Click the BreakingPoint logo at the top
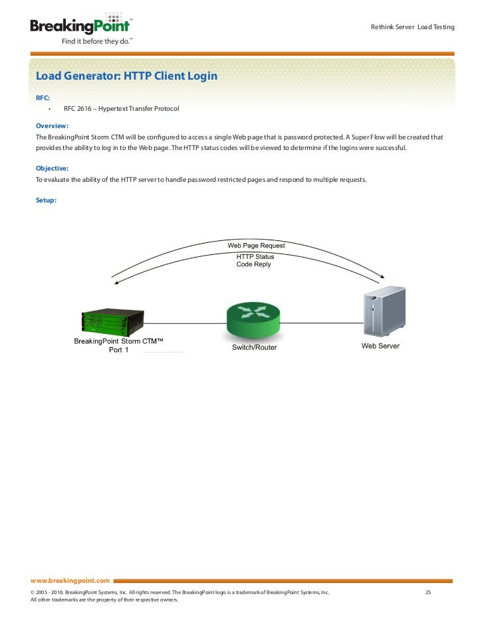(79, 26)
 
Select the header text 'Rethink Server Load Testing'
(412, 27)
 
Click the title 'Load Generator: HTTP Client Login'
(126, 76)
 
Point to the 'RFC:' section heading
(43, 98)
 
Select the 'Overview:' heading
(53, 125)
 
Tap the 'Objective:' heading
(53, 169)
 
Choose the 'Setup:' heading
(46, 200)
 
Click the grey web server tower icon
(384, 313)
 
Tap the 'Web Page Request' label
(257, 246)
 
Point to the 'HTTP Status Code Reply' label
(255, 260)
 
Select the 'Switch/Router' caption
(254, 347)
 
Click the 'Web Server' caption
(380, 346)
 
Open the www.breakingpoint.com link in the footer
(70, 580)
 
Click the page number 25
(428, 591)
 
